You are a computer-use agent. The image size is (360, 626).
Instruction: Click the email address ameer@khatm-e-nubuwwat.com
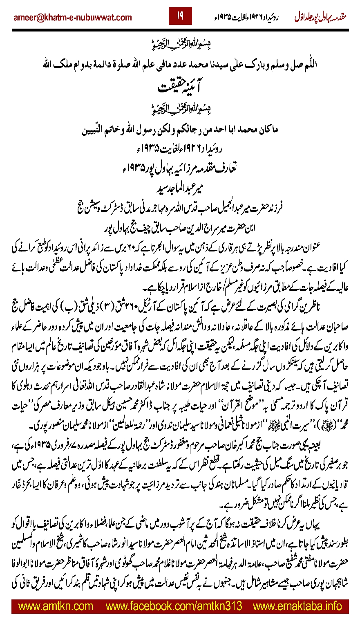(73, 17)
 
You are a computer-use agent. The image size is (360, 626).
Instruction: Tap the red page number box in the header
(180, 17)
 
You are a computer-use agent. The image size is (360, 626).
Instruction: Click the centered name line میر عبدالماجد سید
(180, 177)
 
